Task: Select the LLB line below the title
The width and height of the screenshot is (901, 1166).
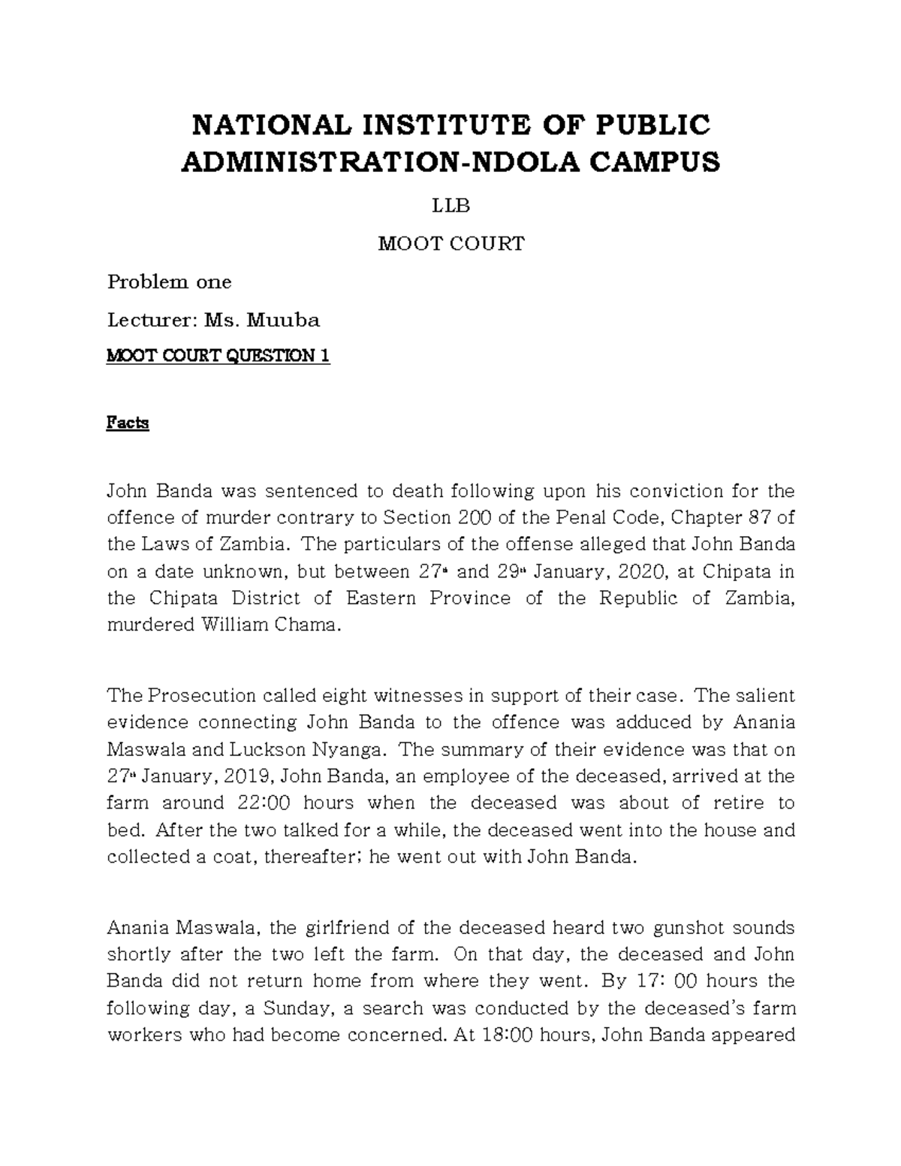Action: tap(450, 204)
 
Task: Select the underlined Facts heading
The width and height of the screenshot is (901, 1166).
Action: tap(128, 423)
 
